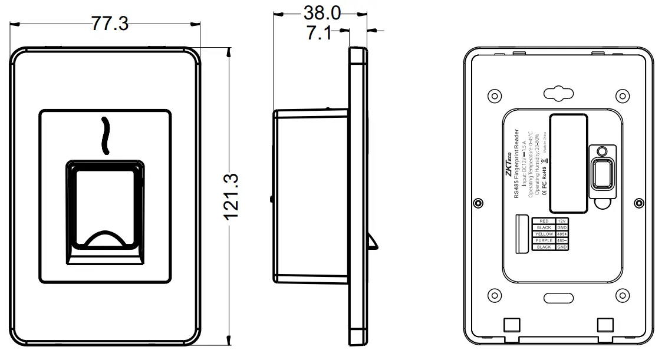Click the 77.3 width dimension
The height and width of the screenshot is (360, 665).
point(109,23)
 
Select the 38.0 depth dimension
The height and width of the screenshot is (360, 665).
point(321,12)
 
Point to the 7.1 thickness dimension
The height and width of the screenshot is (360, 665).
point(318,33)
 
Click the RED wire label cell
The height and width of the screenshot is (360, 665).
point(544,221)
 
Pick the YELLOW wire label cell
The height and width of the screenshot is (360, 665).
point(544,234)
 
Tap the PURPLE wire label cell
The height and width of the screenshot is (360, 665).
point(544,240)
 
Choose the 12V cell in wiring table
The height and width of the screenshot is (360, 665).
point(562,221)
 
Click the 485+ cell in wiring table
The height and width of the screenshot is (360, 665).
point(562,234)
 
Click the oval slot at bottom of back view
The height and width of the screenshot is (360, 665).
point(558,299)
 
